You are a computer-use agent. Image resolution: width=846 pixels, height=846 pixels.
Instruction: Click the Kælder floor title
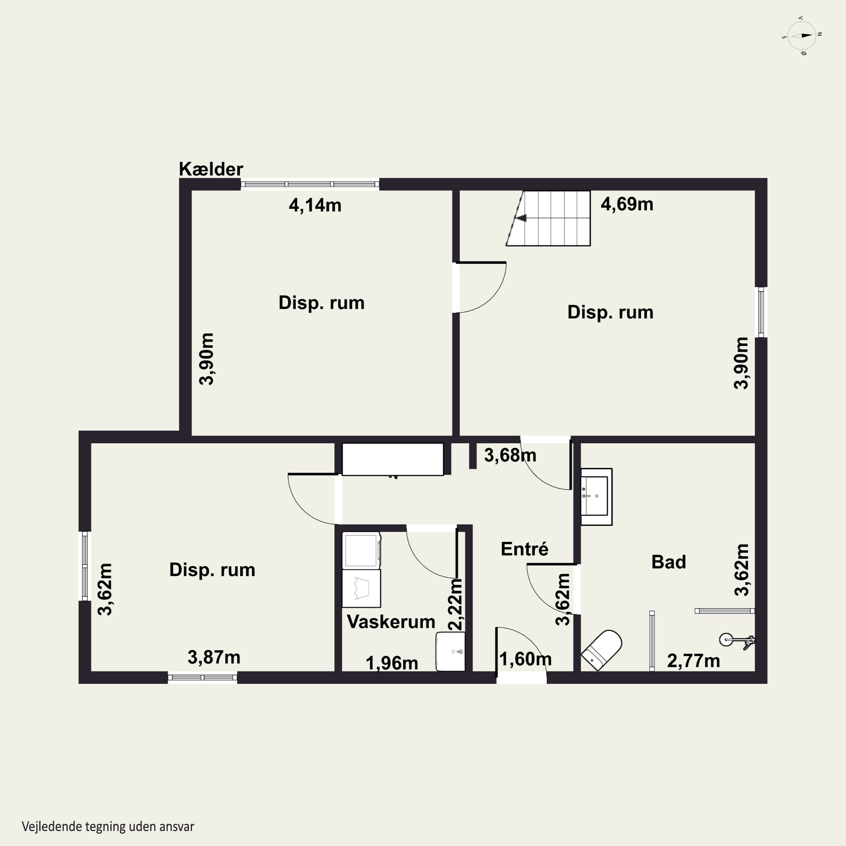[x=211, y=169]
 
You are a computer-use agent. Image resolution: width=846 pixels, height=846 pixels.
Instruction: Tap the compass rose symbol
[x=801, y=36]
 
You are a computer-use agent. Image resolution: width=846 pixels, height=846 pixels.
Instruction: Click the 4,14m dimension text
[x=315, y=205]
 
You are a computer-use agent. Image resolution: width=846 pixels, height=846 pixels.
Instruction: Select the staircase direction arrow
[x=521, y=218]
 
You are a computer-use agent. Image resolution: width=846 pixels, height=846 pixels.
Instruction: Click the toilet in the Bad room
[x=602, y=650]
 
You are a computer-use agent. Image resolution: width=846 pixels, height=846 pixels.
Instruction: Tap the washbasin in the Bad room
[x=596, y=497]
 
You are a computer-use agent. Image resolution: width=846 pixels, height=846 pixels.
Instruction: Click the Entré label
[x=524, y=549]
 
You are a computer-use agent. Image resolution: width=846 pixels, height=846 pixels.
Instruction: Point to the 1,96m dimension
[x=392, y=663]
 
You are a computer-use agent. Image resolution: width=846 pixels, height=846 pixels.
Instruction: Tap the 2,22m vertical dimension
[x=456, y=604]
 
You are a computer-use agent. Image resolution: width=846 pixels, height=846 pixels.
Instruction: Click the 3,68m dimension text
[x=510, y=455]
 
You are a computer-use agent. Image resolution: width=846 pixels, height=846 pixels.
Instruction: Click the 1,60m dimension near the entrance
[x=525, y=659]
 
